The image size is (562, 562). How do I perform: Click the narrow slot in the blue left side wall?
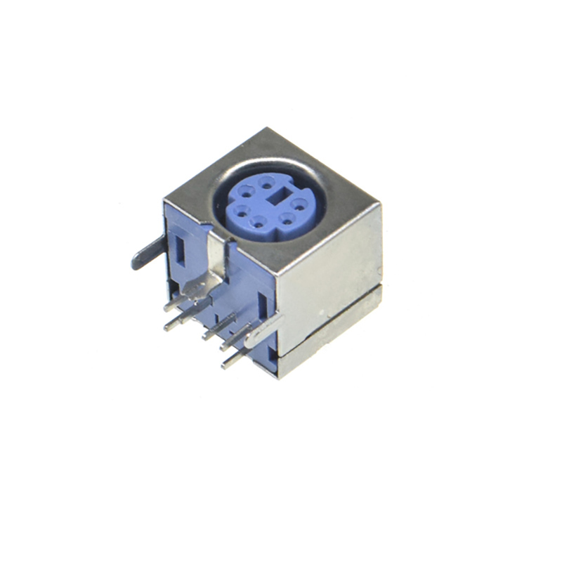pyautogui.click(x=180, y=249)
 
